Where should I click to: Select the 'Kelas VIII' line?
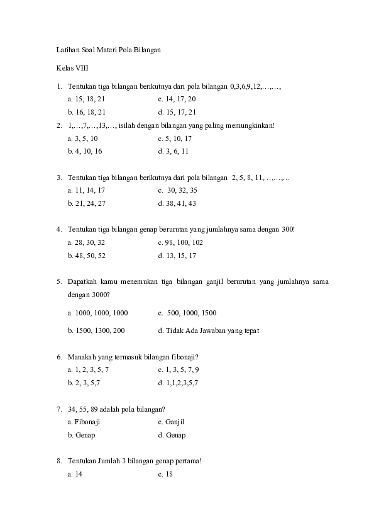coord(70,67)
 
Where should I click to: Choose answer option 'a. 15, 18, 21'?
coord(86,99)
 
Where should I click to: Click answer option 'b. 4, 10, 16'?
coord(85,151)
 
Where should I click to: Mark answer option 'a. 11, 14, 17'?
coord(86,190)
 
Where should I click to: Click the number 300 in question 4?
coord(288,229)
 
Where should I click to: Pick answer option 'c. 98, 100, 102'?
coord(180,242)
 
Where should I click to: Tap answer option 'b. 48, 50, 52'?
coord(86,256)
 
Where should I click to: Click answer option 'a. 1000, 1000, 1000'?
coord(97,312)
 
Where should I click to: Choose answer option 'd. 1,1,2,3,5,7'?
coord(178,382)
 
